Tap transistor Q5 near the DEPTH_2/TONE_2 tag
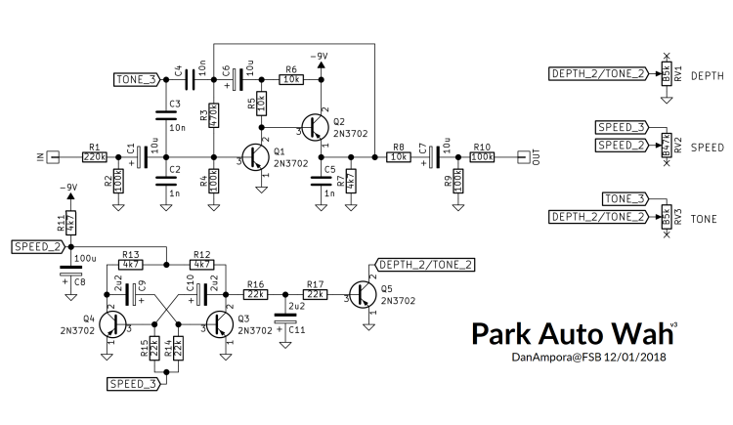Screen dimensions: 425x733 coord(364,294)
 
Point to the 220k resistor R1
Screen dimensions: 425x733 coord(95,156)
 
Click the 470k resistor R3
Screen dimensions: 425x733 coord(213,116)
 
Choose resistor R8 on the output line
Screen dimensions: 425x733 coord(398,156)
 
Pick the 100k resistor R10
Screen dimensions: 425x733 coord(482,156)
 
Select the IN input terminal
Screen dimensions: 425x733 coord(56,156)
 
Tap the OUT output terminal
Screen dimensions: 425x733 coord(522,156)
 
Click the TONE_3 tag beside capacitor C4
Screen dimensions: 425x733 coord(135,79)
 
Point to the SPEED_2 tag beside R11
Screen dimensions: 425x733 coord(37,247)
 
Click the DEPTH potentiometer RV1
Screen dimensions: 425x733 coord(666,74)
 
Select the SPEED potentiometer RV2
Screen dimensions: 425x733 coord(666,145)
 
